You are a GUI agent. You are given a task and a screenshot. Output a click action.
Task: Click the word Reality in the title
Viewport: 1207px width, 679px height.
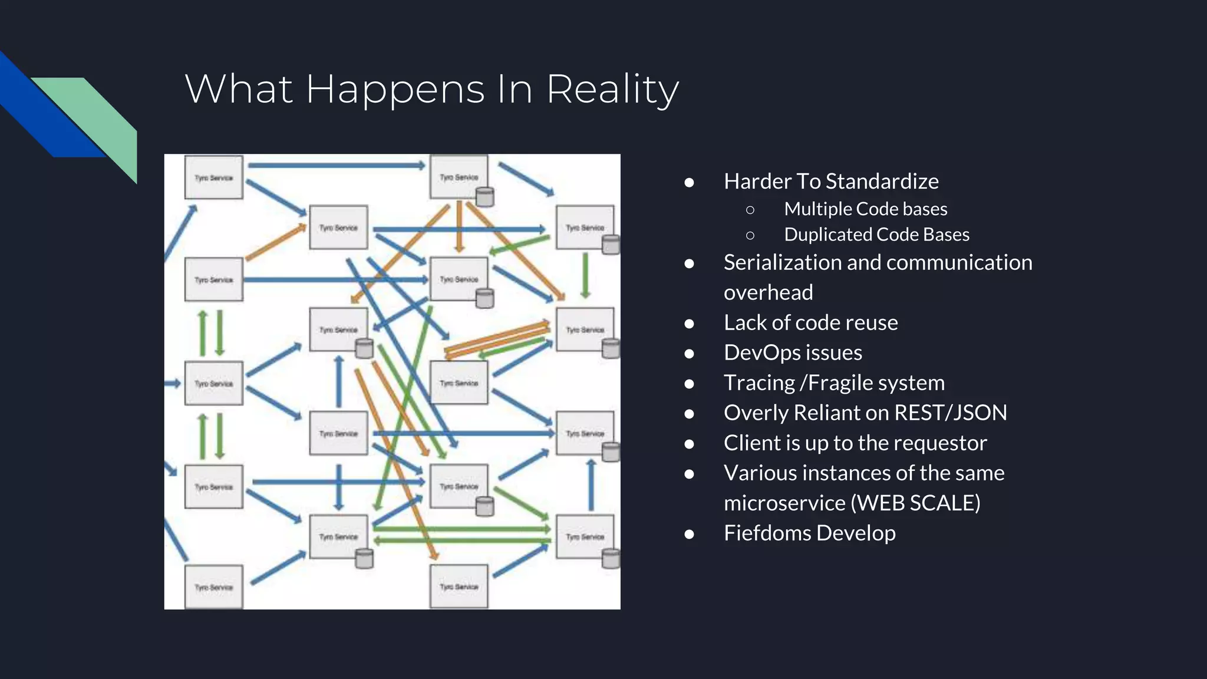(x=613, y=90)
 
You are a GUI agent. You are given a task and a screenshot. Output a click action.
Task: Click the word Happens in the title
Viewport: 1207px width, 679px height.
(x=395, y=90)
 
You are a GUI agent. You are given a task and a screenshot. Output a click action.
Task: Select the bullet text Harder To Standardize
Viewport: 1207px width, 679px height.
(x=831, y=182)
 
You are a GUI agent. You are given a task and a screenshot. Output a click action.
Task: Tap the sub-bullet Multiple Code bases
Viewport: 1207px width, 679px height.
(x=865, y=209)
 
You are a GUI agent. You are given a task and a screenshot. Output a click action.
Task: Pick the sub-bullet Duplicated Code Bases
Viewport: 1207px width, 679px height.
(x=876, y=235)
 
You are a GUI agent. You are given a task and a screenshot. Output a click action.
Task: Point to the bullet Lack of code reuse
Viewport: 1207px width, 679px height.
(x=810, y=322)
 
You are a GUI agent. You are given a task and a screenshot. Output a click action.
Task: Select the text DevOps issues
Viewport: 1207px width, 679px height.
(x=793, y=352)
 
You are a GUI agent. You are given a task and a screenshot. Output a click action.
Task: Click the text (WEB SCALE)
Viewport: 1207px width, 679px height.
(x=916, y=503)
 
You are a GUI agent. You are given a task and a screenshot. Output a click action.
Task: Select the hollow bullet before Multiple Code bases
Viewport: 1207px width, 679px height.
(x=750, y=210)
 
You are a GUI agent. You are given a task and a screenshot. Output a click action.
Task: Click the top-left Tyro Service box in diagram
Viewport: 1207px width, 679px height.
(x=214, y=177)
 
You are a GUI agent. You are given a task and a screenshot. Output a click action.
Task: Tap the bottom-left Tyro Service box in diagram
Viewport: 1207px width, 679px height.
(x=214, y=587)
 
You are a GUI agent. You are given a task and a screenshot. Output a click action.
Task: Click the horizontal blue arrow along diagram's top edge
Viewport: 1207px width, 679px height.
(x=336, y=166)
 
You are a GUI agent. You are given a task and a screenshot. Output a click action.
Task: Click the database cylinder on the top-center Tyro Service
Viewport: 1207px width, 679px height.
(x=484, y=197)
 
